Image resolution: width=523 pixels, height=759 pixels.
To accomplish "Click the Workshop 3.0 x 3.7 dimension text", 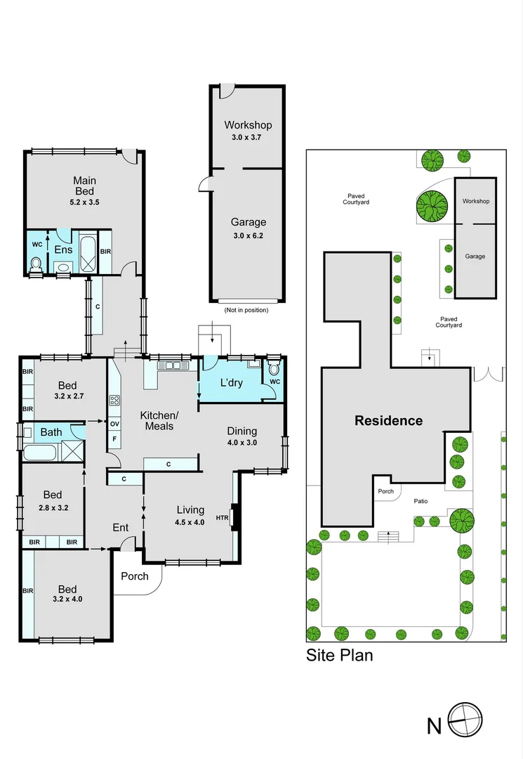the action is [246, 138].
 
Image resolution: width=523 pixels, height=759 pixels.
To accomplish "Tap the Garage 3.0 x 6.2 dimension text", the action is [248, 236].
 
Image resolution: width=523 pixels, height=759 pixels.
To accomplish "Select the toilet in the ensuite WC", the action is [36, 264].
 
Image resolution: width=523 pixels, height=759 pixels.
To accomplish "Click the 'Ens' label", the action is [63, 249].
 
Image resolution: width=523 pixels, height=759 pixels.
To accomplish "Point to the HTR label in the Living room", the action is [223, 518].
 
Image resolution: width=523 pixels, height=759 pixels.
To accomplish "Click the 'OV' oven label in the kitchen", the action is [114, 424].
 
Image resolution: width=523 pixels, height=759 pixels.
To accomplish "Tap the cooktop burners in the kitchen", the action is [114, 401].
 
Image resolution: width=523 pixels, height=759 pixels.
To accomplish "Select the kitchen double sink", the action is [173, 366].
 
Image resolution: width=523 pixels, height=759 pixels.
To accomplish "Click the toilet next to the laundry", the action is [274, 368].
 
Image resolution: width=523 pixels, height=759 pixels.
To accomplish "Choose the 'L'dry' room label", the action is [232, 383].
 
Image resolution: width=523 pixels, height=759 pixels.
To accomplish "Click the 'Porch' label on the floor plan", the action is [134, 576].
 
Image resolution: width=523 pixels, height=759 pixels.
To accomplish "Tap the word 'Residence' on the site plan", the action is [389, 421].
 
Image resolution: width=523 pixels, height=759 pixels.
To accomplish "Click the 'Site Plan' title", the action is [339, 655].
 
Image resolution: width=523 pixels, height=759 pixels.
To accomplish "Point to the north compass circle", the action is [465, 720].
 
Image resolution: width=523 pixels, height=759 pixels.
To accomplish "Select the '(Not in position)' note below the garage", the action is [246, 310].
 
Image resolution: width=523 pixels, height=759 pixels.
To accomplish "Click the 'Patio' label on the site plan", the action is [421, 501].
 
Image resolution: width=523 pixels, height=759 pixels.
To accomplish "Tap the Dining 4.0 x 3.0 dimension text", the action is [242, 443].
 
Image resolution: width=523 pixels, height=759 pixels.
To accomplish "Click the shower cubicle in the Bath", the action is [72, 450].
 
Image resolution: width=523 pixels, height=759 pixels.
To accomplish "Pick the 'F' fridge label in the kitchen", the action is [114, 439].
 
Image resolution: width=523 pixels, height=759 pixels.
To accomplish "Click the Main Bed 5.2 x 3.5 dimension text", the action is [84, 202].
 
